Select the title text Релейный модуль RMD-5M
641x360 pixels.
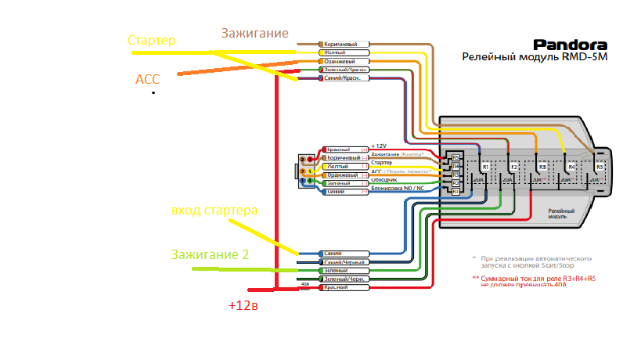tap(535, 57)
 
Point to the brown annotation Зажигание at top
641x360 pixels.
tap(255, 34)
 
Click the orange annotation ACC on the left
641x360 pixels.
tap(147, 80)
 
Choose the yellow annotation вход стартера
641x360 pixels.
tap(214, 211)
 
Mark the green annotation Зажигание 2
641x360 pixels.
tap(210, 254)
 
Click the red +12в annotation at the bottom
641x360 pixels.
tap(243, 305)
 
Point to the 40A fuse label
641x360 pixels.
tap(305, 284)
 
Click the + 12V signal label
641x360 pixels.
tap(379, 146)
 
